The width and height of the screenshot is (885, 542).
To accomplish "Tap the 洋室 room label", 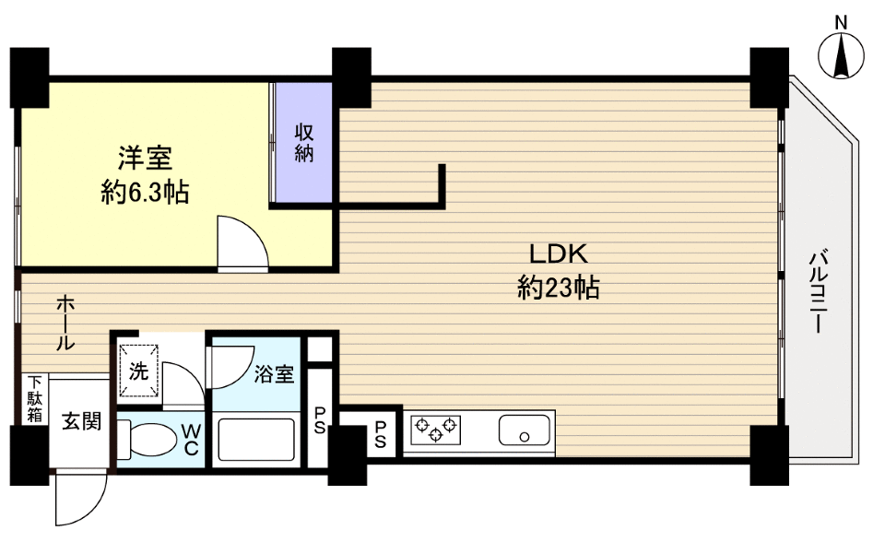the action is tap(145, 159).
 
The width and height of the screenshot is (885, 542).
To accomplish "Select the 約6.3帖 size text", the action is tap(145, 193).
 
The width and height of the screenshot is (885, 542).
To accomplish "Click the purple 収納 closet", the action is tap(303, 142).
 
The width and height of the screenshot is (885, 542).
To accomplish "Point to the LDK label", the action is tap(559, 254).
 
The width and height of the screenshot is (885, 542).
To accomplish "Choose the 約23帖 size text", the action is tap(559, 289).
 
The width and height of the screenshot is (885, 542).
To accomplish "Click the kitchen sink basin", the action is tap(525, 430).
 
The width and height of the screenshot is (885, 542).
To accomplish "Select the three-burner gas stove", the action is tap(435, 430).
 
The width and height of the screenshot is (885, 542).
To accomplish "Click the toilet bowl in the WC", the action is tap(147, 440).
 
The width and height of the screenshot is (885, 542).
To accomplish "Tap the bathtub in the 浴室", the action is tap(256, 440).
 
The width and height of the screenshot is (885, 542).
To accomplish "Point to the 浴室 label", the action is tap(274, 373).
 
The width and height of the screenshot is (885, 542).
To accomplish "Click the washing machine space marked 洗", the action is tap(138, 371).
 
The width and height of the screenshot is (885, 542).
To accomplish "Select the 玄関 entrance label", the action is tap(82, 421).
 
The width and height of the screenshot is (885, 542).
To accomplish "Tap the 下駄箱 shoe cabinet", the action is tap(35, 398).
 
